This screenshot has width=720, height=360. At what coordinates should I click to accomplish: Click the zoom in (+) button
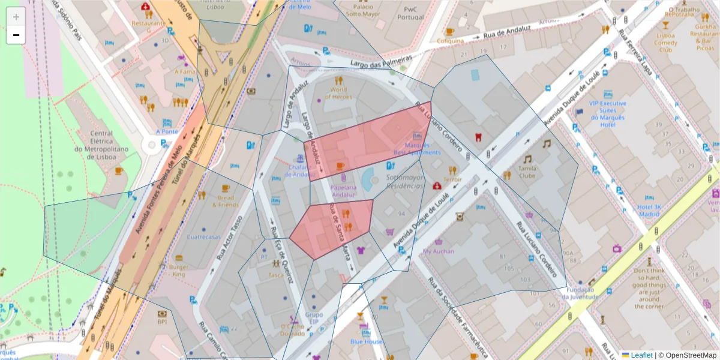pos(16,17)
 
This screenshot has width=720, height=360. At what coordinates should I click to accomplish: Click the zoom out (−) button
pos(16,35)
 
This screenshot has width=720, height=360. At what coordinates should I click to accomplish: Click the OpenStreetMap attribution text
pos(688,355)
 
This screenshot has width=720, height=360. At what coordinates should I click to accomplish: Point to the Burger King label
pos(178,271)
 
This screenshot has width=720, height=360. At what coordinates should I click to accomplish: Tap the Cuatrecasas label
pos(204,236)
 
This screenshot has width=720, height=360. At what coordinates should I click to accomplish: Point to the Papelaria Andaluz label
pos(343,190)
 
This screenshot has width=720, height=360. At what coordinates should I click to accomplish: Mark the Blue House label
pos(366,341)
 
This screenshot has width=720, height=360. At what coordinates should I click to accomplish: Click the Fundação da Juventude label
pos(580,293)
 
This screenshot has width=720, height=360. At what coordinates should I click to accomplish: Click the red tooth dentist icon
pos(478,137)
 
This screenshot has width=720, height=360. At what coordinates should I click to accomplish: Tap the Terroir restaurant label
pos(452,179)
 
